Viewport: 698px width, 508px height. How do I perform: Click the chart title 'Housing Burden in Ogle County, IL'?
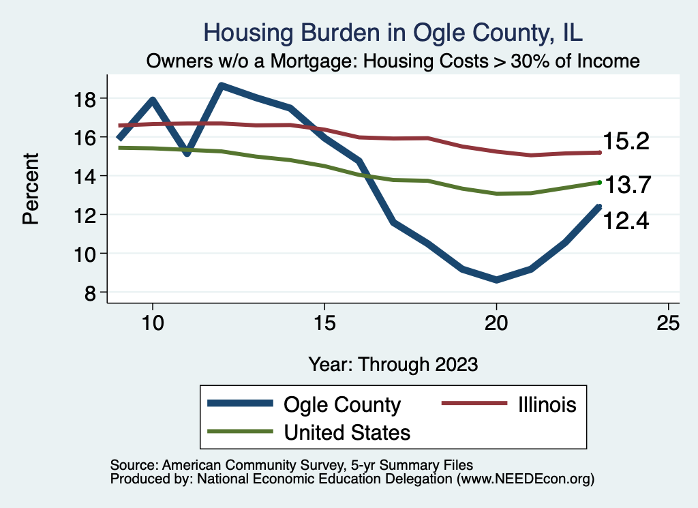[x=394, y=33]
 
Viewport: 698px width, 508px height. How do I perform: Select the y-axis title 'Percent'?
[x=30, y=196]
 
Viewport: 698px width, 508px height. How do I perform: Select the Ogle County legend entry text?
[x=342, y=404]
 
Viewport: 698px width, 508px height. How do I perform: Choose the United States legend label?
[x=347, y=432]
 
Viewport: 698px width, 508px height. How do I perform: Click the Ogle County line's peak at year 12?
[x=222, y=86]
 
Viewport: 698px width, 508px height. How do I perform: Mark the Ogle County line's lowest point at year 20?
[x=496, y=280]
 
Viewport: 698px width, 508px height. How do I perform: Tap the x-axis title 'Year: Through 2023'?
[x=393, y=363]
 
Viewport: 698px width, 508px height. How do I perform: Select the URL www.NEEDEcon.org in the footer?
[x=526, y=479]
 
